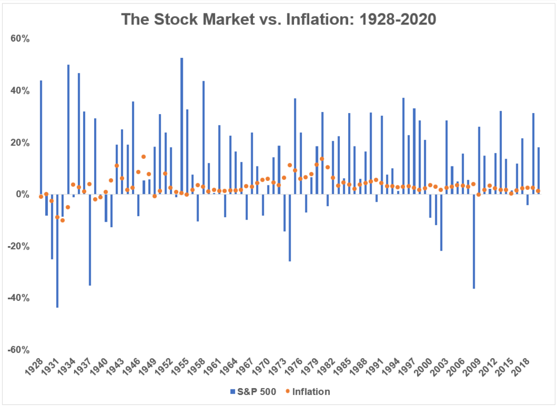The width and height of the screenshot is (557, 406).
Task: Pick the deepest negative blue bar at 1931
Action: pos(57,251)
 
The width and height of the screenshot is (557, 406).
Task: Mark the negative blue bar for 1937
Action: pos(90,239)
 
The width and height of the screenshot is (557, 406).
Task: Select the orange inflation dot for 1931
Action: pos(57,217)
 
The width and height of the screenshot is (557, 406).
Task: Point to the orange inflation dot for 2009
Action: pos(478,194)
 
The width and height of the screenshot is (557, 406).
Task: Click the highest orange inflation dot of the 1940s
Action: pos(144,156)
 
